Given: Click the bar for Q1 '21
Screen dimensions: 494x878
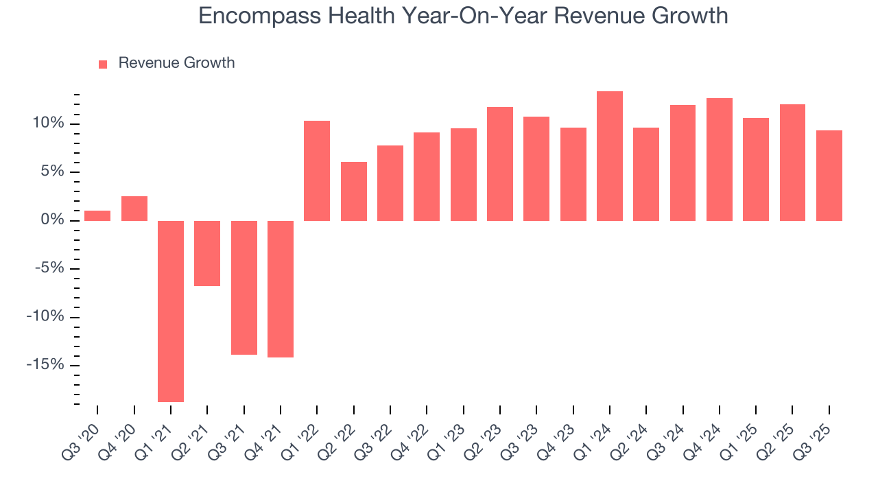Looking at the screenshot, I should click(171, 311).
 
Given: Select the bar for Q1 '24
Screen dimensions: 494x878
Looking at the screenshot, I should click(610, 156).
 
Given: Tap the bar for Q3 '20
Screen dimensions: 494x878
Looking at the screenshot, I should click(97, 215).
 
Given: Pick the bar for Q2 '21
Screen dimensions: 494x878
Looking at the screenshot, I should click(207, 253).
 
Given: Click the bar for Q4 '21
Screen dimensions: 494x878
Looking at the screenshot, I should click(281, 289).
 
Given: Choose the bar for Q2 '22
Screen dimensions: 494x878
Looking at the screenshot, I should click(354, 191).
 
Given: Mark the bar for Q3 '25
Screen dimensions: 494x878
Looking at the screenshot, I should click(829, 176).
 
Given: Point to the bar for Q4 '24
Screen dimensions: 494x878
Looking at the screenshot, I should click(720, 159).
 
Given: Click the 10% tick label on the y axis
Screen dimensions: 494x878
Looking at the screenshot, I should click(47, 123).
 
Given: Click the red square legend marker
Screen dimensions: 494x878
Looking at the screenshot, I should click(103, 64).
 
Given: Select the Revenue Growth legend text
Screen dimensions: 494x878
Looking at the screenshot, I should click(176, 63).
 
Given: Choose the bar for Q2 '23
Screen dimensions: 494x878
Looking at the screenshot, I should click(500, 164).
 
